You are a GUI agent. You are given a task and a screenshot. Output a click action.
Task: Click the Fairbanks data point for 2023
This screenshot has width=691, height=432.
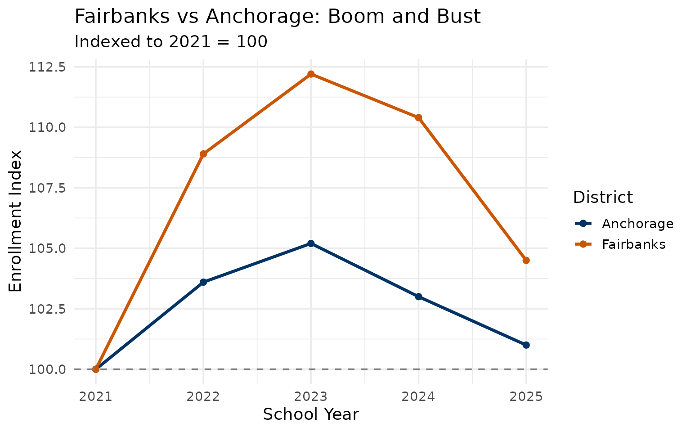[x=311, y=74]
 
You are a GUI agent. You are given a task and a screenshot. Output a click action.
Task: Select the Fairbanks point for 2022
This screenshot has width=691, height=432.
[x=203, y=154]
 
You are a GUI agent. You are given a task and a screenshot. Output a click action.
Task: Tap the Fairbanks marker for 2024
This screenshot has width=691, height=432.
[x=418, y=117]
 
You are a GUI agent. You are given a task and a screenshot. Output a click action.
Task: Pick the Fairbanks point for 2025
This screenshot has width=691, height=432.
[x=526, y=260]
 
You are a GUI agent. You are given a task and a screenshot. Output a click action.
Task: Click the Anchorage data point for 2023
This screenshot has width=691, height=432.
[x=311, y=243]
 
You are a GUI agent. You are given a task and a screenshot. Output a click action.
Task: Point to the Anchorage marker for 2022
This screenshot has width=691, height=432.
[x=203, y=282]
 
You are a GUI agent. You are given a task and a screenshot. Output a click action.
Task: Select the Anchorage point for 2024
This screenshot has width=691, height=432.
[x=418, y=297]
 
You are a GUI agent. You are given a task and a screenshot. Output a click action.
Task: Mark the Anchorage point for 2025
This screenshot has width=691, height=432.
[x=526, y=345]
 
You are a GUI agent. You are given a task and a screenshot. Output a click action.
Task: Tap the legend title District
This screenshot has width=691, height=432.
[x=603, y=198]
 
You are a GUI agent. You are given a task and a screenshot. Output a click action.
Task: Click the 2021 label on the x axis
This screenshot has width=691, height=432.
[x=95, y=397]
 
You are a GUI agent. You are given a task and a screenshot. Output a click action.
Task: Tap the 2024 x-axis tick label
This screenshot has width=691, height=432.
[x=418, y=397]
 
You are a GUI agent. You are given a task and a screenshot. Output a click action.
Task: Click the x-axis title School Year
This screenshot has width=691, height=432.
[x=311, y=414]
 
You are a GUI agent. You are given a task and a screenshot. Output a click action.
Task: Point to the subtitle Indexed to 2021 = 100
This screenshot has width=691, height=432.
[x=171, y=42]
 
